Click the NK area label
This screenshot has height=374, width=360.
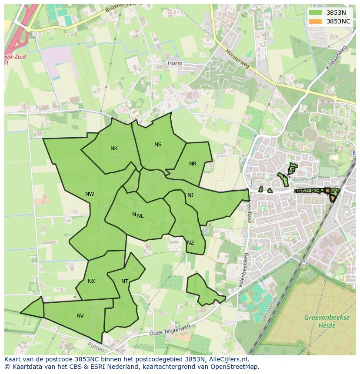point(114,149)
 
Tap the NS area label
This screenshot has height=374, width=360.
point(158,145)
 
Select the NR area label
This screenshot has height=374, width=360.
point(193,164)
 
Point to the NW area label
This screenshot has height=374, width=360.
point(90,194)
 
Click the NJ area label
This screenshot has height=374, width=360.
point(190,195)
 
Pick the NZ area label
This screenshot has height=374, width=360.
point(190,243)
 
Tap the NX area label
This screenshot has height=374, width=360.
point(91,281)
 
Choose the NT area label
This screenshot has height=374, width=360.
point(125,281)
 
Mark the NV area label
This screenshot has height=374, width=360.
point(80,316)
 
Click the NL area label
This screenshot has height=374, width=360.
point(140,215)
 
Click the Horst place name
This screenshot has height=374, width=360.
point(175,63)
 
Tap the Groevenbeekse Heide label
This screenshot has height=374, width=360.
point(327,321)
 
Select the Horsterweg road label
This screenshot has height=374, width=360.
point(237,58)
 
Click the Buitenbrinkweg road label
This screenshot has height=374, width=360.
point(123,7)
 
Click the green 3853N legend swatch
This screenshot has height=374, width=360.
point(316,13)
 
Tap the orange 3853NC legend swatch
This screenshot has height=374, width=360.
point(316,21)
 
